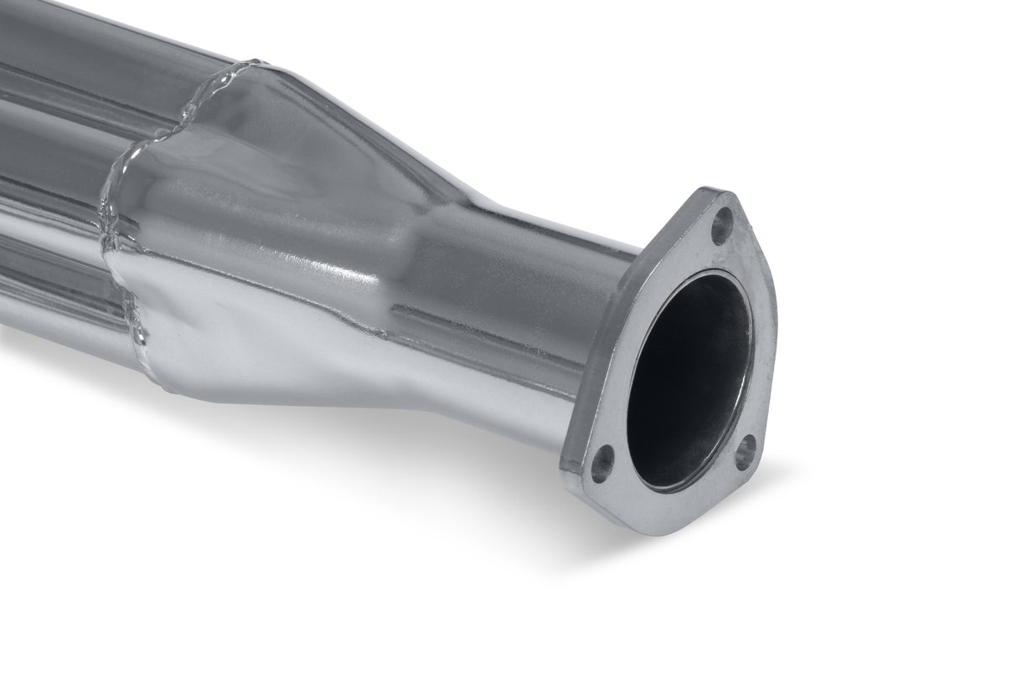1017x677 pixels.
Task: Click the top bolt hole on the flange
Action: (x=721, y=225)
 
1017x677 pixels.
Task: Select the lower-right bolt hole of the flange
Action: (x=745, y=452)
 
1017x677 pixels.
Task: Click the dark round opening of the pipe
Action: (x=687, y=377)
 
